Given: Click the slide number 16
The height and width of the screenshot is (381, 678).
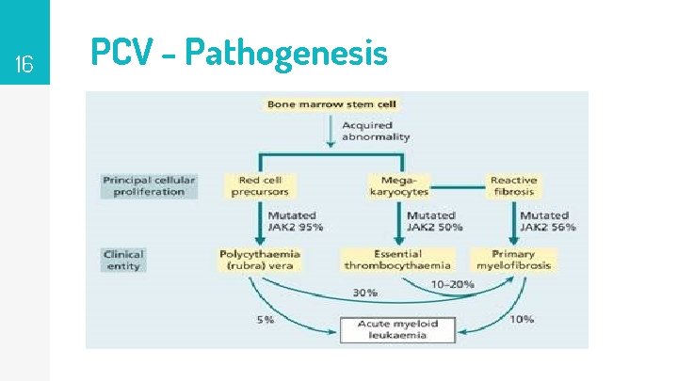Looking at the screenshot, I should [x=24, y=64].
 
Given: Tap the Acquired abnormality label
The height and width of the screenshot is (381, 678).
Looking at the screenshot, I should [x=375, y=131].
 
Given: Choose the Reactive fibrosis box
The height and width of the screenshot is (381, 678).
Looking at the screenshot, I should [x=513, y=186].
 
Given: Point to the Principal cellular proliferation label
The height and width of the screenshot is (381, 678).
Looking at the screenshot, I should [x=149, y=186].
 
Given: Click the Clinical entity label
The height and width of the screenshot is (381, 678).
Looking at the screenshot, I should [x=124, y=260].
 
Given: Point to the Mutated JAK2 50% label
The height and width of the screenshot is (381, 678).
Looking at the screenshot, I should [x=432, y=221].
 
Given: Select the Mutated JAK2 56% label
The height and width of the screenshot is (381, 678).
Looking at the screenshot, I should [x=546, y=221].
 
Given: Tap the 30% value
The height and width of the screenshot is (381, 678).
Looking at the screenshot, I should [x=364, y=293].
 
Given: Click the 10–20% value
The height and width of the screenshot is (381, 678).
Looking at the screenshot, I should [x=452, y=283].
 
